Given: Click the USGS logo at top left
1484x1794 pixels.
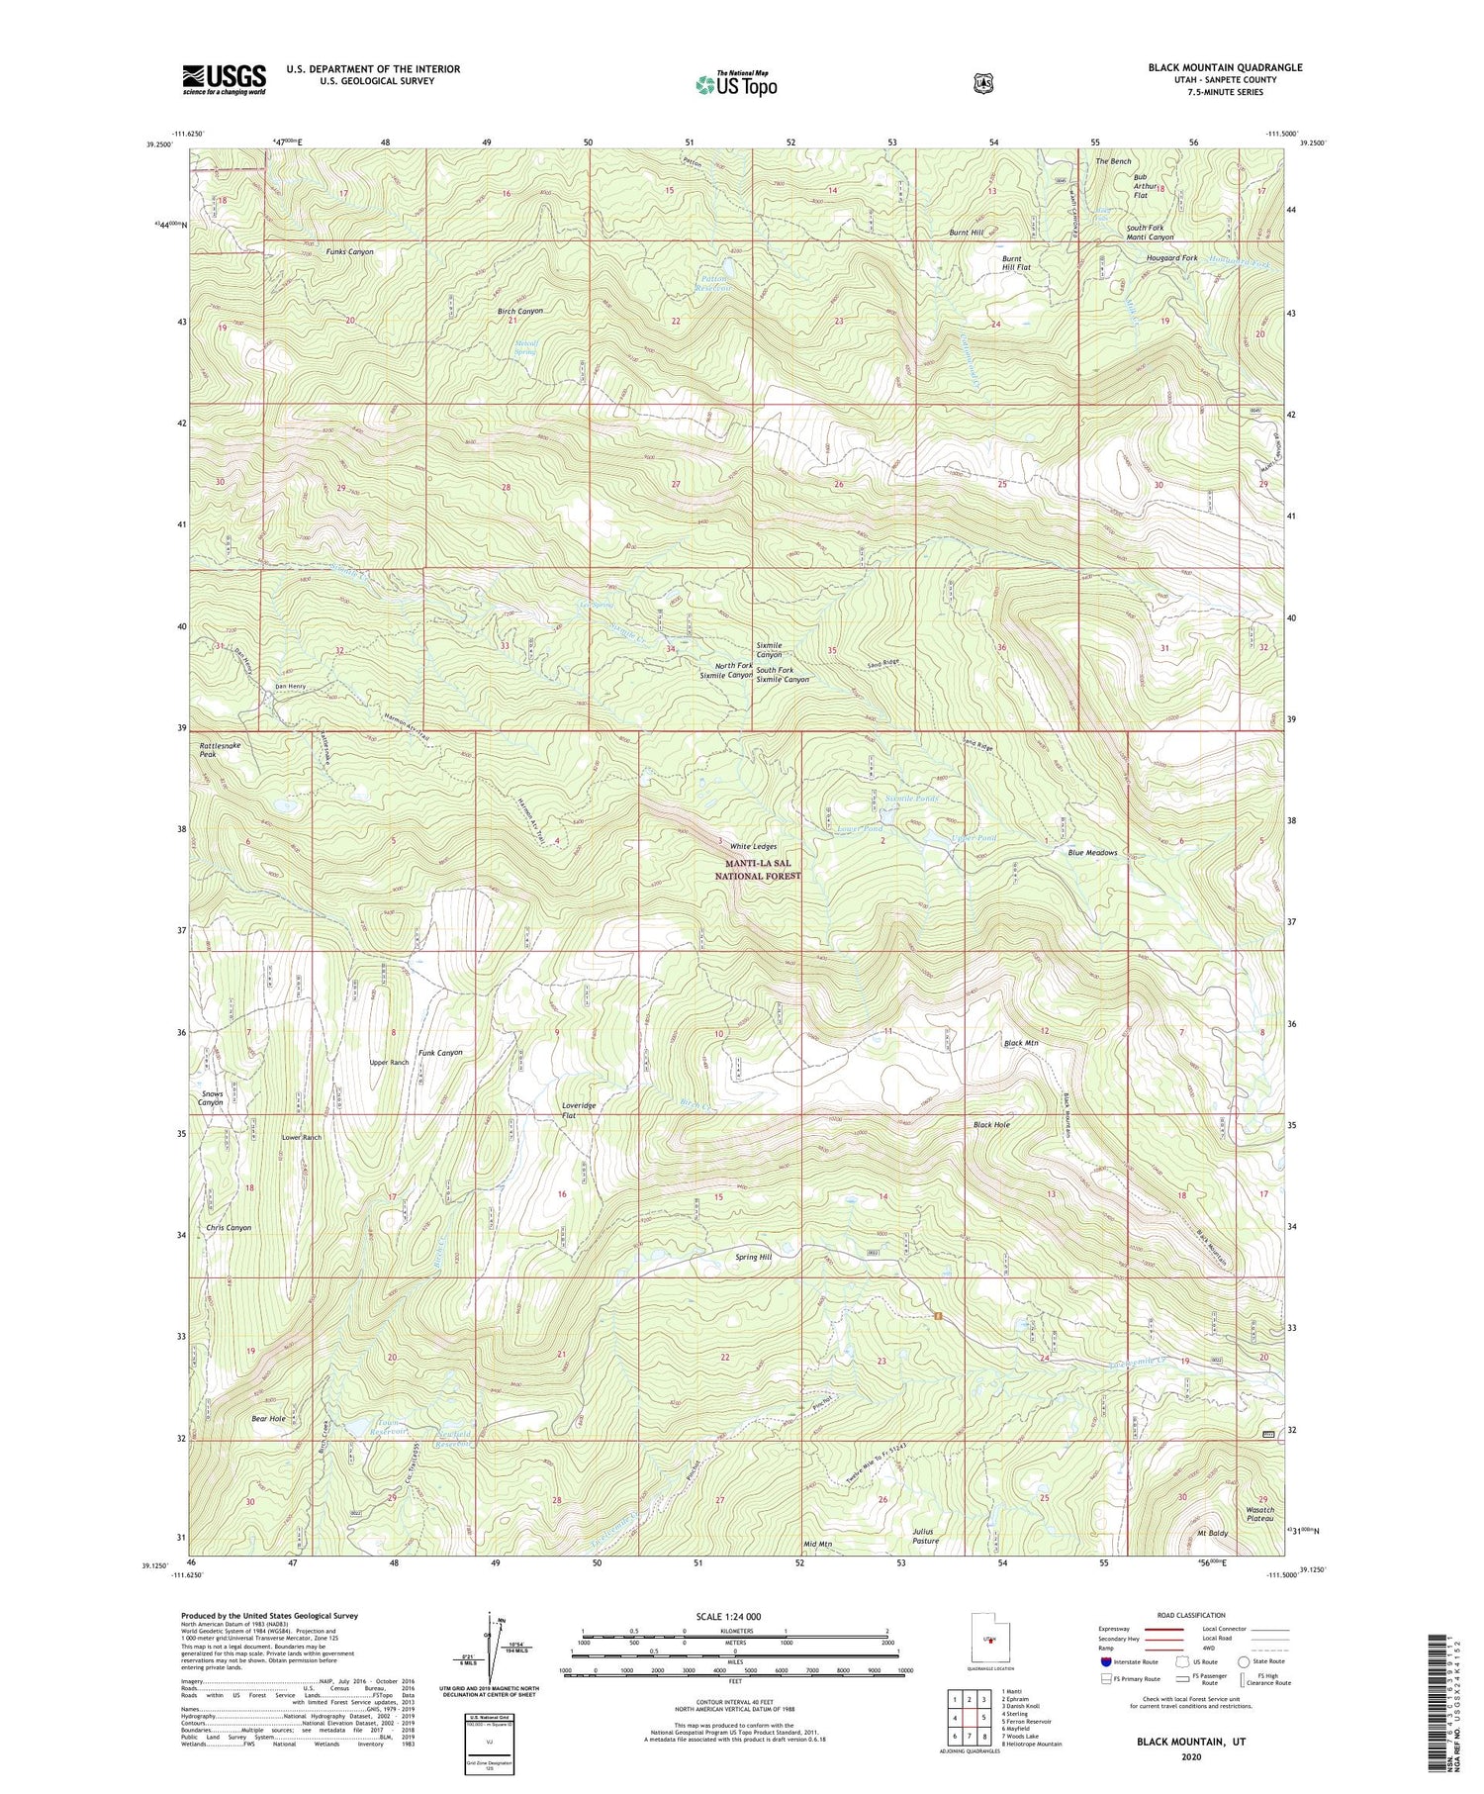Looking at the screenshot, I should click(x=225, y=79).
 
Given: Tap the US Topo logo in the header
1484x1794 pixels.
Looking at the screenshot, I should click(x=736, y=84).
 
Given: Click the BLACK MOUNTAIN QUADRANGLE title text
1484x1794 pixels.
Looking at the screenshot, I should click(x=1225, y=67).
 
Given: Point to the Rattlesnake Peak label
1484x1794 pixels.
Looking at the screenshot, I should click(x=220, y=749).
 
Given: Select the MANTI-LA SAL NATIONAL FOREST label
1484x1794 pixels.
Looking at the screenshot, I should click(x=757, y=870).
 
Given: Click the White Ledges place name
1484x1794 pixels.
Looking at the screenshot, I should click(x=753, y=847).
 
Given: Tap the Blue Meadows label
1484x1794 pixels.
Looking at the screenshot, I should click(x=1092, y=852).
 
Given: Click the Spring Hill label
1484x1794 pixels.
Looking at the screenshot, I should click(x=753, y=1257).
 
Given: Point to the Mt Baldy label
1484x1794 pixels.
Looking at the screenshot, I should click(x=1212, y=1533).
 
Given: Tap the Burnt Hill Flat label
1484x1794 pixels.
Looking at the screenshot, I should click(x=1016, y=262).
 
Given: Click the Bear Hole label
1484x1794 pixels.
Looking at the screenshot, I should click(x=268, y=1418).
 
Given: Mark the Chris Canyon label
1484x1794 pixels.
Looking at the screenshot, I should click(x=229, y=1227).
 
